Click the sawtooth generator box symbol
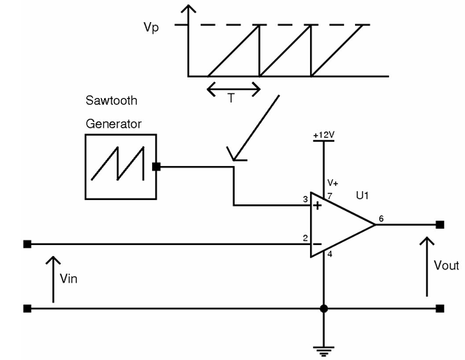[x=120, y=167]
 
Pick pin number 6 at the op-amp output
[x=381, y=218]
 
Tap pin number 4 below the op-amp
[x=330, y=255]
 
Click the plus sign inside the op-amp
[x=317, y=206]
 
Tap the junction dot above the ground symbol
[x=323, y=308]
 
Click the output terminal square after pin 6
[x=440, y=224]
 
